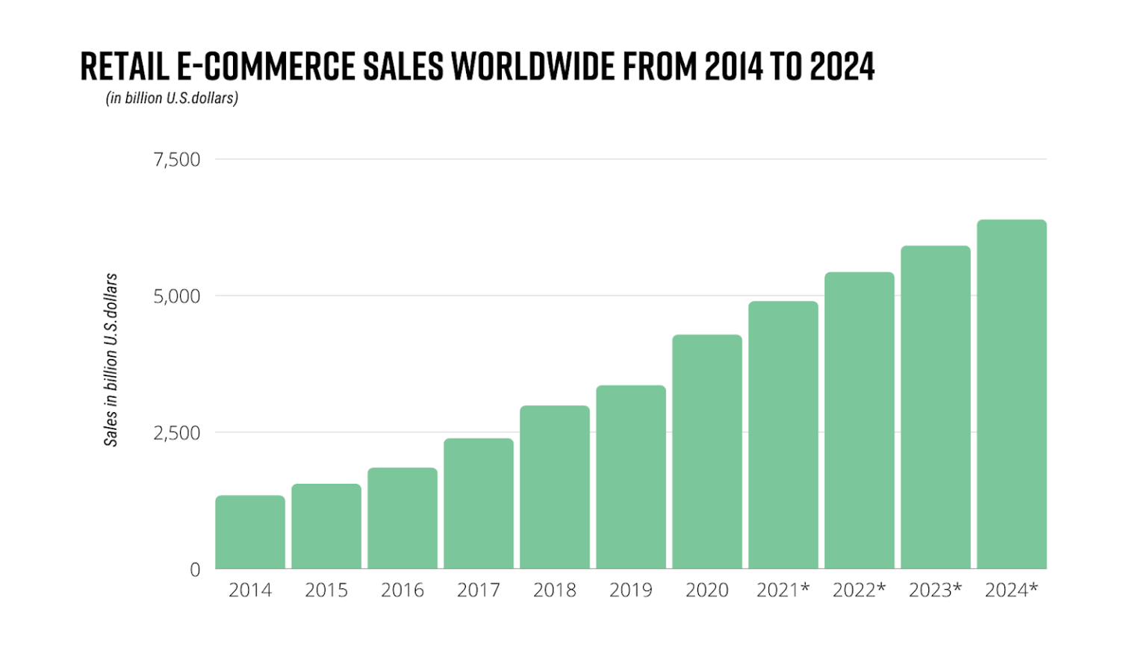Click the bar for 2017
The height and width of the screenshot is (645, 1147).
point(479,503)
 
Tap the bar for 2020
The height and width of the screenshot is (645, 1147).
point(707,452)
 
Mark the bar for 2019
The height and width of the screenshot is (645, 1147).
point(631,477)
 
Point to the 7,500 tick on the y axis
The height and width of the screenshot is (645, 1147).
point(177,160)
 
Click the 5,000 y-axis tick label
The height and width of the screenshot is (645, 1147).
point(177,296)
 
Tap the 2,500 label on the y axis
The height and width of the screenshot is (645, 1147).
point(177,433)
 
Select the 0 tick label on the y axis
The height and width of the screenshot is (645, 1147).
point(195,570)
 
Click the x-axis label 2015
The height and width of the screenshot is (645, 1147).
point(326,591)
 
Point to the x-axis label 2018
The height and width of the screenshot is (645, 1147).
point(555,591)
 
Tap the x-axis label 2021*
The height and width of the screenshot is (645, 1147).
point(783,591)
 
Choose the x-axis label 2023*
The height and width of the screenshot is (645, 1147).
point(935,591)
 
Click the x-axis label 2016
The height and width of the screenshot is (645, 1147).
point(402,591)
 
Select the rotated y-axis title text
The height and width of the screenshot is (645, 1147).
point(111,360)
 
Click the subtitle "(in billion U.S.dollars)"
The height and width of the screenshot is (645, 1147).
point(172,99)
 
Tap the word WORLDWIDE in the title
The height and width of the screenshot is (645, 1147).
point(534,66)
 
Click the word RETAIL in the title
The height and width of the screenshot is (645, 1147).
point(124,66)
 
